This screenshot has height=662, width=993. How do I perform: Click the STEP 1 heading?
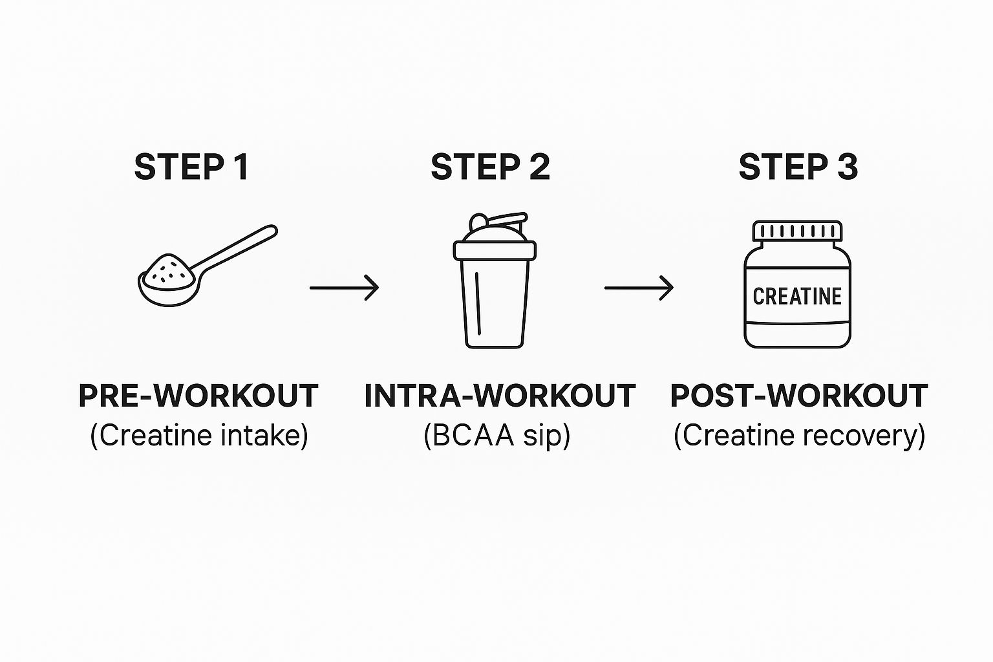pyautogui.click(x=191, y=167)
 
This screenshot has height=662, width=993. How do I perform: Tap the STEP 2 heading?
pyautogui.click(x=490, y=167)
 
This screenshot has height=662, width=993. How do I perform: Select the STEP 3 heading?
pyautogui.click(x=798, y=167)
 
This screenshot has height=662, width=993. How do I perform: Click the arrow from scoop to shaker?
pyautogui.click(x=344, y=288)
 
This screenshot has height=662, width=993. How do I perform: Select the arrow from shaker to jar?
pyautogui.click(x=639, y=288)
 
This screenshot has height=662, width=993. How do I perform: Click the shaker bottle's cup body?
pyautogui.click(x=495, y=304)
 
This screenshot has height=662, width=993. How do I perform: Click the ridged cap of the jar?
pyautogui.click(x=798, y=231)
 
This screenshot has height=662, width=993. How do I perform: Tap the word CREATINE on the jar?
pyautogui.click(x=797, y=297)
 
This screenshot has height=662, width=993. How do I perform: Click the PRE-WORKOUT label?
pyautogui.click(x=198, y=396)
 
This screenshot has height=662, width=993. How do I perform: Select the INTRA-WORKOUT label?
pyautogui.click(x=500, y=396)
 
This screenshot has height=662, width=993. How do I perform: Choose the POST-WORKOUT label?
pyautogui.click(x=799, y=396)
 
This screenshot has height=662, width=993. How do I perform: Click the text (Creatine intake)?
pyautogui.click(x=199, y=436)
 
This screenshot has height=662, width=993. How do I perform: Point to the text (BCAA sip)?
pyautogui.click(x=497, y=436)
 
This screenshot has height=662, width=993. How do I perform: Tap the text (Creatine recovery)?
pyautogui.click(x=799, y=436)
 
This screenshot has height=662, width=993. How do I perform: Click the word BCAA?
pyautogui.click(x=473, y=436)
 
